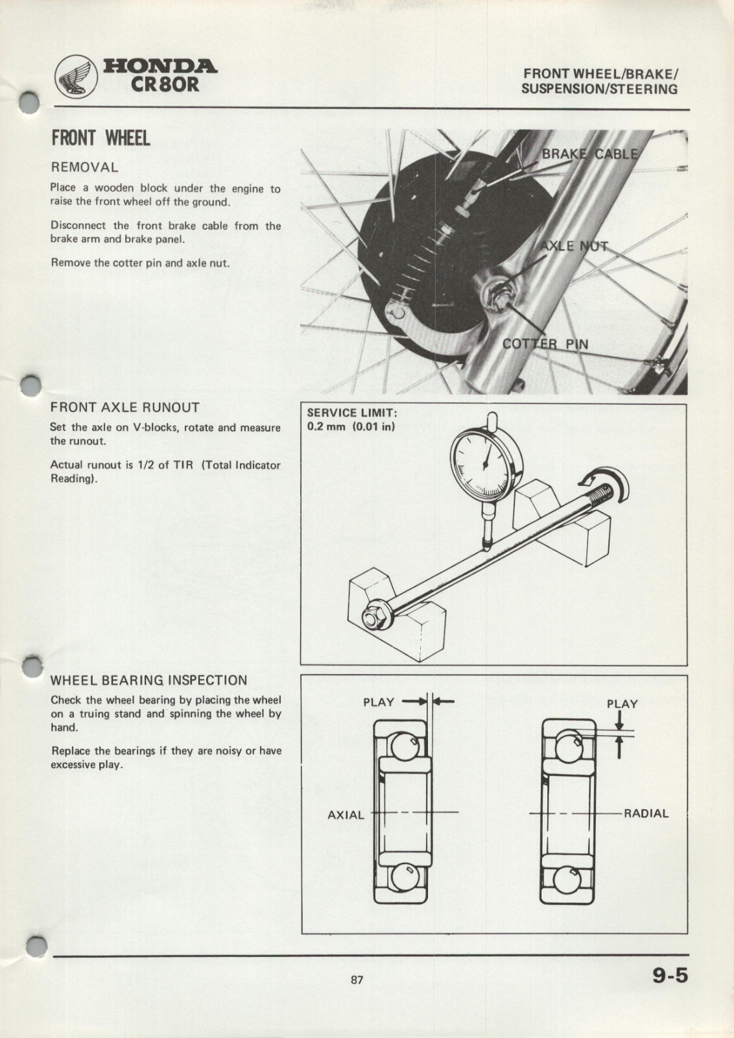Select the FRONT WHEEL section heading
coord(101,138)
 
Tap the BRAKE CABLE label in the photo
coord(589,154)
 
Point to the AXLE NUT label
coord(574,246)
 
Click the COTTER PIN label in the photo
coord(545,344)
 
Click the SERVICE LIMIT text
coord(351,413)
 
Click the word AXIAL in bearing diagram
coord(346,815)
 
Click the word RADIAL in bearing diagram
coord(646,813)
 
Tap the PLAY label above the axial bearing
coord(379,702)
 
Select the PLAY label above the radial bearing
coord(622,704)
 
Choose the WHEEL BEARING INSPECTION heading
coord(148,681)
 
